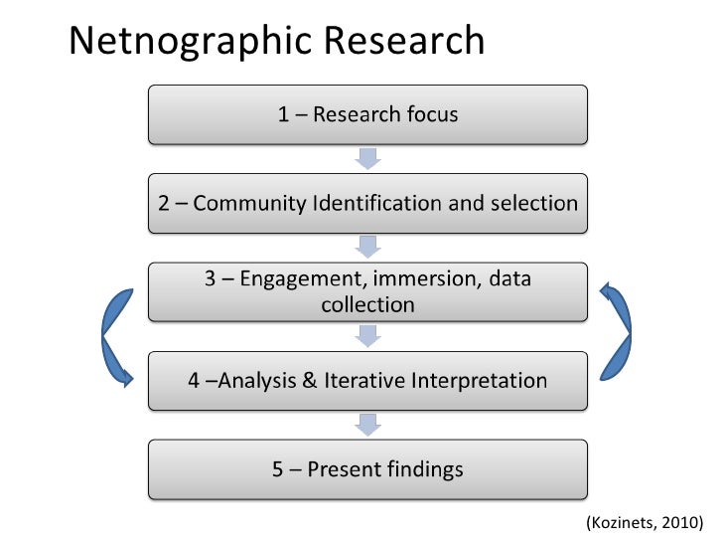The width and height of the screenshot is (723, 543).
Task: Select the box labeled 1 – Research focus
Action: coord(367,114)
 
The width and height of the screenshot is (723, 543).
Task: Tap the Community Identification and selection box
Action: coord(367,204)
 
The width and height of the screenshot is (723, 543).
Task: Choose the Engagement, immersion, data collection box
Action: coord(367,291)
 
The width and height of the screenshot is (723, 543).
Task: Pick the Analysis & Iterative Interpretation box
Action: coord(367,380)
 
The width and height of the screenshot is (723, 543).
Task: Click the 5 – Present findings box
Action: coord(367,468)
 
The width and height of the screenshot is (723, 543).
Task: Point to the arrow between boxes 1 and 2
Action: coord(367,159)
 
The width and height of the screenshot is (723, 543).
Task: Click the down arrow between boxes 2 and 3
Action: coord(367,248)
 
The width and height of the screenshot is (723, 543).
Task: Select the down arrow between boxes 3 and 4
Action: coord(367,336)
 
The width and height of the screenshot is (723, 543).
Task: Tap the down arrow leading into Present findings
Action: coord(367,425)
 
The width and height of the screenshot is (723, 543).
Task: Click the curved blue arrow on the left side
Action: coord(114,336)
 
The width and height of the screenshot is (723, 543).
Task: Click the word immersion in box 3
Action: coord(430,279)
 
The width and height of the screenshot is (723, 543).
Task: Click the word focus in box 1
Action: coord(432,114)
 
